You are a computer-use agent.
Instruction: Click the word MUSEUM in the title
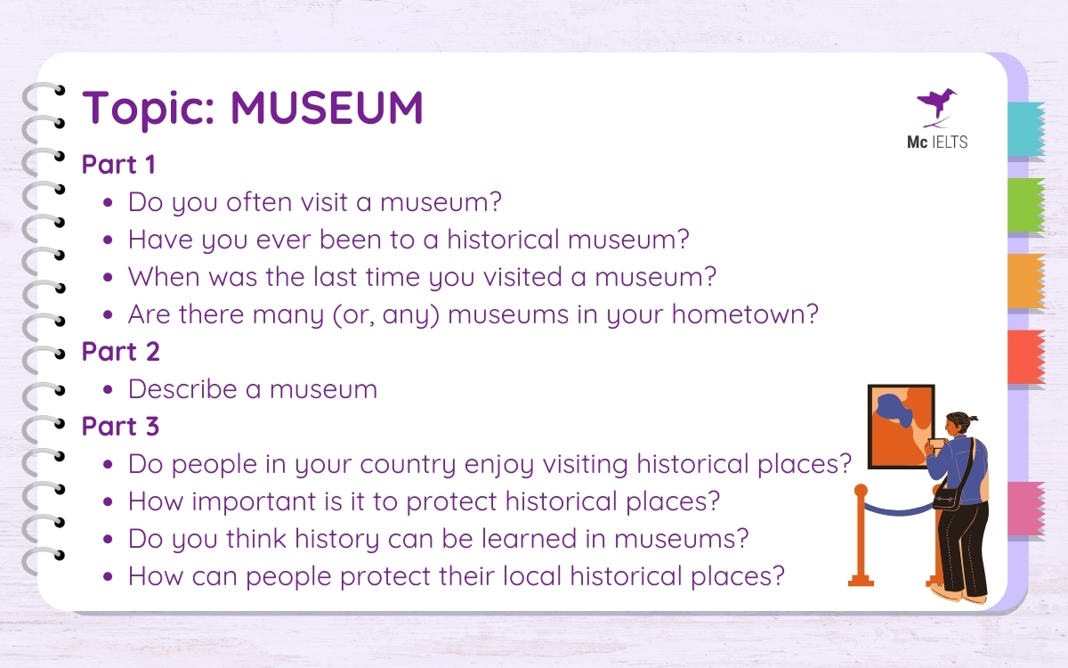coord(327,109)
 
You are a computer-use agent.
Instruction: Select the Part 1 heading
coord(118,165)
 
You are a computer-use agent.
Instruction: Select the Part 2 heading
coord(120,352)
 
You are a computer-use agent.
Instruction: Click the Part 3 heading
coord(120,427)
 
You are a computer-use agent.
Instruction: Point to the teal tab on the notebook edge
coord(1025,130)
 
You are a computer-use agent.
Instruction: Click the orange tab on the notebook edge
coord(1025,281)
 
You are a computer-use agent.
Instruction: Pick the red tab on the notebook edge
coord(1025,357)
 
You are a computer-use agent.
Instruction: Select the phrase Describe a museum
coord(253,389)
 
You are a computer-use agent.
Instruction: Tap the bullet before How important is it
coord(108,502)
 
